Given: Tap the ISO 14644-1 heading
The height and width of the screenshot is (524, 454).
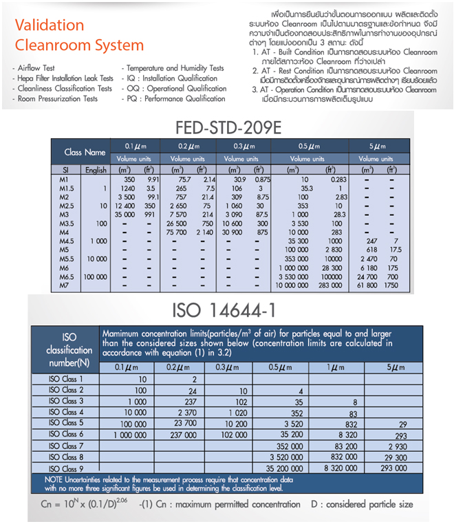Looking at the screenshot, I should pos(227,307).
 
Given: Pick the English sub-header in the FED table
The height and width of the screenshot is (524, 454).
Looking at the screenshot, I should pos(96,169).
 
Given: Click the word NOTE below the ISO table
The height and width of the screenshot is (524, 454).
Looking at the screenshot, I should pos(56,479).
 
